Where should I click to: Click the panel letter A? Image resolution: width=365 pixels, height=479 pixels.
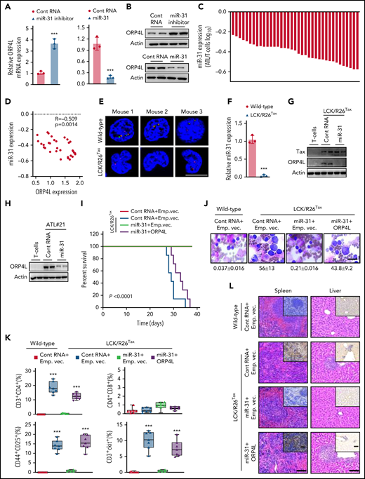tap(6, 6)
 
